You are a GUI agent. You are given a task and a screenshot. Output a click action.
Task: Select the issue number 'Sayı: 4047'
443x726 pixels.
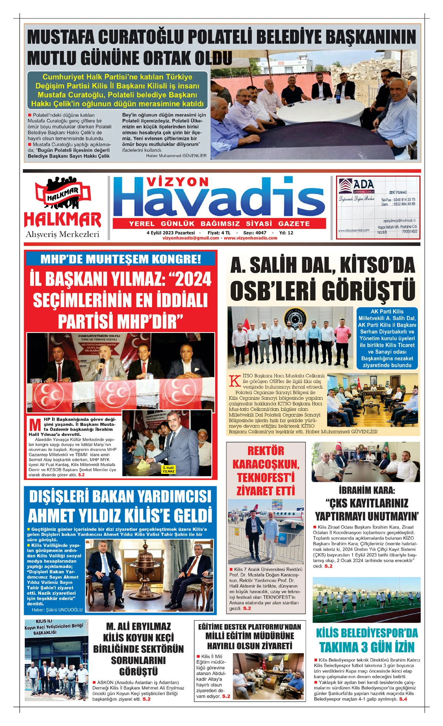pos(254,233)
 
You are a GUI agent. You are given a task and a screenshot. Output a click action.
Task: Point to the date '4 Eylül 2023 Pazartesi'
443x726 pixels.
pos(171,233)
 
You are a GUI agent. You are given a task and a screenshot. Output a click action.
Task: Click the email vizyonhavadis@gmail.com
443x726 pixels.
pos(190,238)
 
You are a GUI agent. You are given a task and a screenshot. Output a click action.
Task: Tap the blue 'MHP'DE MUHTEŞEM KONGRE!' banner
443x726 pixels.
pos(121,258)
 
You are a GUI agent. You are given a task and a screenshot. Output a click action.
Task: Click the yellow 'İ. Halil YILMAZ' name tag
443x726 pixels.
pos(168,469)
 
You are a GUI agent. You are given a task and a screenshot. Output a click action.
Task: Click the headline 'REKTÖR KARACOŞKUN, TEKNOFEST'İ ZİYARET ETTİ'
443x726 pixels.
pos(265,471)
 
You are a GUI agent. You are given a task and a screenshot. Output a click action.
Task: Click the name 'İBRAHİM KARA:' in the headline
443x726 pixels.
pos(367,490)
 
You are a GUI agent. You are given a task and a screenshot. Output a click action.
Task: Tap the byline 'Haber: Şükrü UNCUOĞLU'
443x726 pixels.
pos(57,610)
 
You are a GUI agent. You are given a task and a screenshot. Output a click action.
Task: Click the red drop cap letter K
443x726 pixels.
pos(235,381)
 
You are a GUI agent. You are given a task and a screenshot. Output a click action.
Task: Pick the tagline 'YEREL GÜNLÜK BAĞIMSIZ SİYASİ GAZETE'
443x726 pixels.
pos(219,223)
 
